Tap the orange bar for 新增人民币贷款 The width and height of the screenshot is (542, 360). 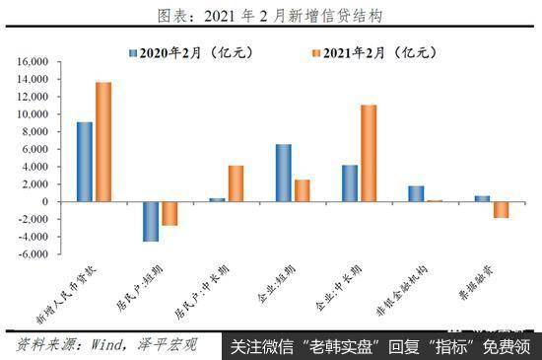tap(103, 141)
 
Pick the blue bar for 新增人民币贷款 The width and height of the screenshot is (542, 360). tap(85, 162)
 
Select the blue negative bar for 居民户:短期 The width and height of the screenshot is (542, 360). tap(151, 221)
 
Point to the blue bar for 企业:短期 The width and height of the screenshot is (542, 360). tap(283, 173)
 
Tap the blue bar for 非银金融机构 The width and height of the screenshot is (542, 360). tap(416, 193)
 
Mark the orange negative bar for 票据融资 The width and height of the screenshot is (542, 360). tap(501, 209)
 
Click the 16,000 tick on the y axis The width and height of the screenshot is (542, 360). tap(32, 62)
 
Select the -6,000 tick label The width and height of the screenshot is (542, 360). tap(30, 253)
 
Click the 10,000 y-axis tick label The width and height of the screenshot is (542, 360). tap(32, 114)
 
